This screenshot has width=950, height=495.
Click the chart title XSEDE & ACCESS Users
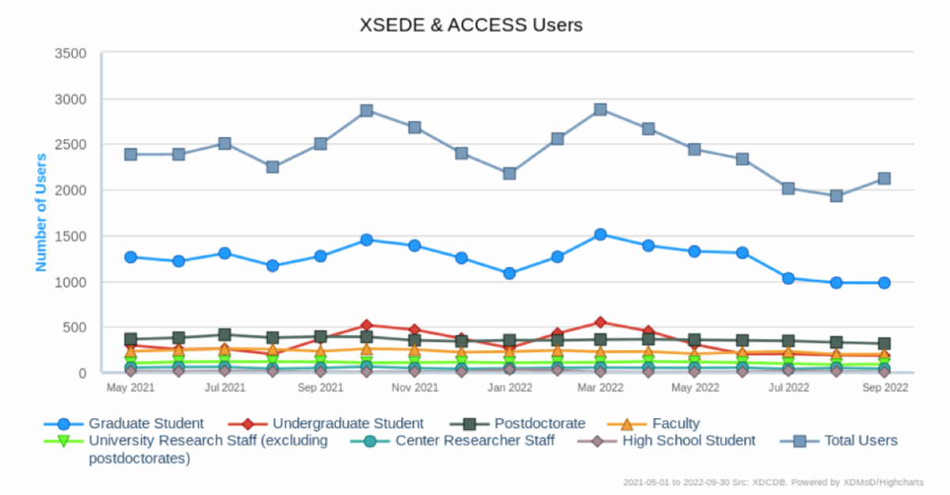(x=471, y=25)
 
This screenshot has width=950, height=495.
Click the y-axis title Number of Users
(x=41, y=212)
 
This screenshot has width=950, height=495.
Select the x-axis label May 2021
(x=131, y=388)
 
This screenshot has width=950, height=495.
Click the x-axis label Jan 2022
(x=509, y=388)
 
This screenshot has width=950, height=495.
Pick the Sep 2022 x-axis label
(x=883, y=388)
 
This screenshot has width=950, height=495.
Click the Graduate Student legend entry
(x=146, y=424)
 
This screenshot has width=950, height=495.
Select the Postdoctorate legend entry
(x=539, y=424)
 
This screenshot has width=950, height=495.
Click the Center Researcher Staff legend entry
(x=475, y=440)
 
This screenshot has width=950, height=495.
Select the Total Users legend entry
(x=861, y=440)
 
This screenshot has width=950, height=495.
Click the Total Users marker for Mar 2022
(x=600, y=109)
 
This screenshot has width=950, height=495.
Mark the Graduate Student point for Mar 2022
(x=600, y=234)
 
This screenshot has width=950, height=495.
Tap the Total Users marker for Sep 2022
(x=883, y=178)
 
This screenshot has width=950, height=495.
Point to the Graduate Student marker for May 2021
(x=131, y=257)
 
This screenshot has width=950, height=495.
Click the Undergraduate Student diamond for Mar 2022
(x=600, y=322)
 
